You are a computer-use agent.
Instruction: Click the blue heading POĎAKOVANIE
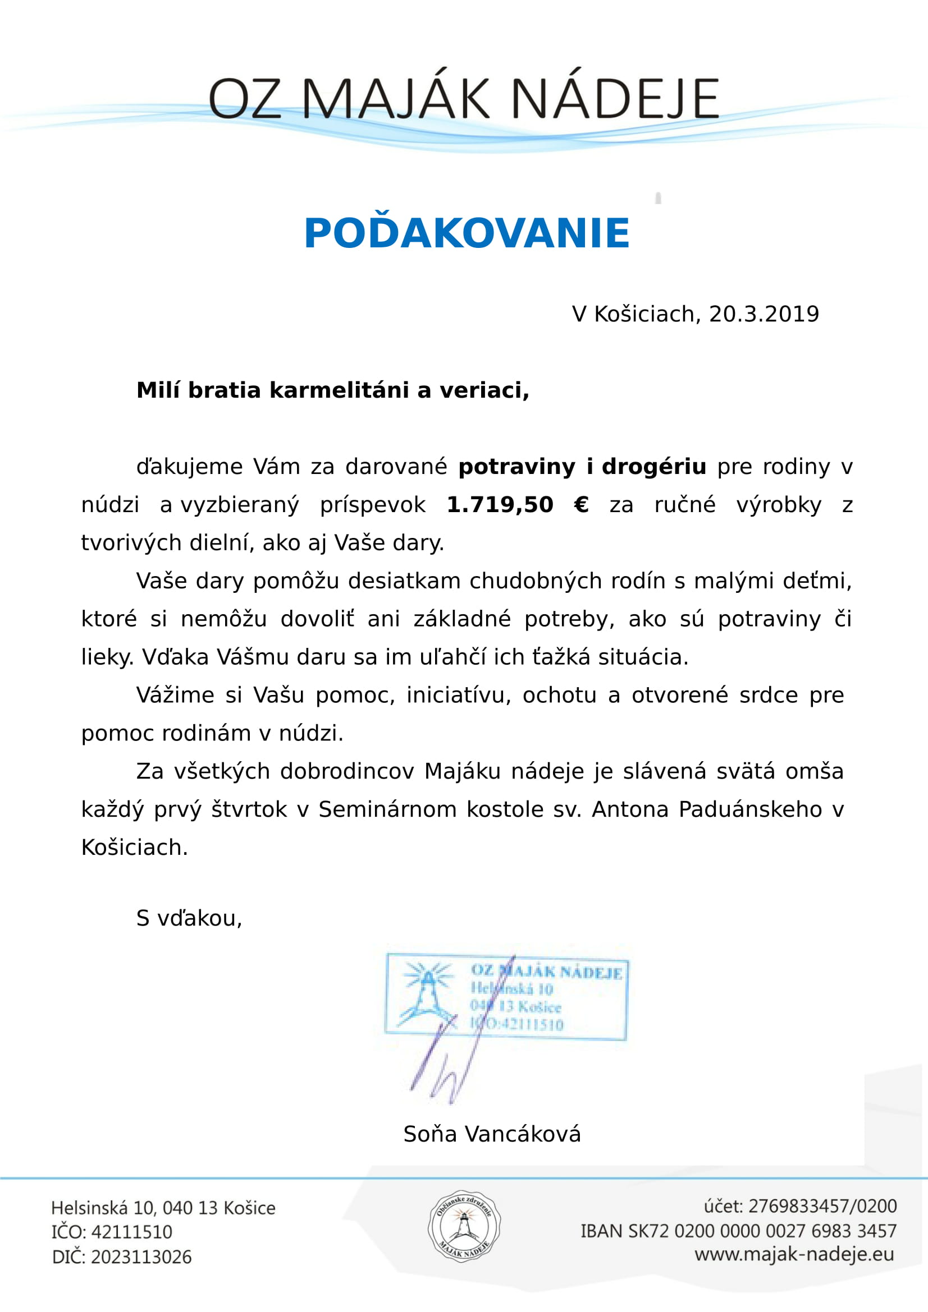(466, 234)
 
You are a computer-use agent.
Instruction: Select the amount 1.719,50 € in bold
(517, 505)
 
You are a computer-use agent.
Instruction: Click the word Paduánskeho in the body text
(749, 810)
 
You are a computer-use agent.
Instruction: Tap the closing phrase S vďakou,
(189, 918)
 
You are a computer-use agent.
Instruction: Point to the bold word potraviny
(516, 467)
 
